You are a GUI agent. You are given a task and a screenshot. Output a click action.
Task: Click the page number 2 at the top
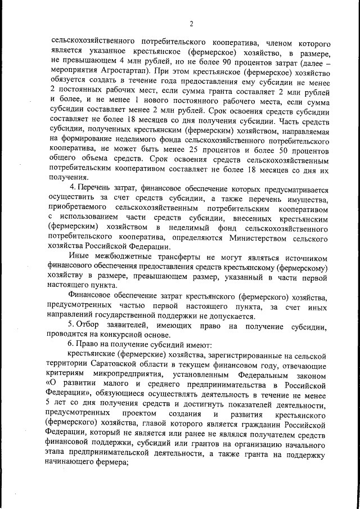[x=191, y=23]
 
